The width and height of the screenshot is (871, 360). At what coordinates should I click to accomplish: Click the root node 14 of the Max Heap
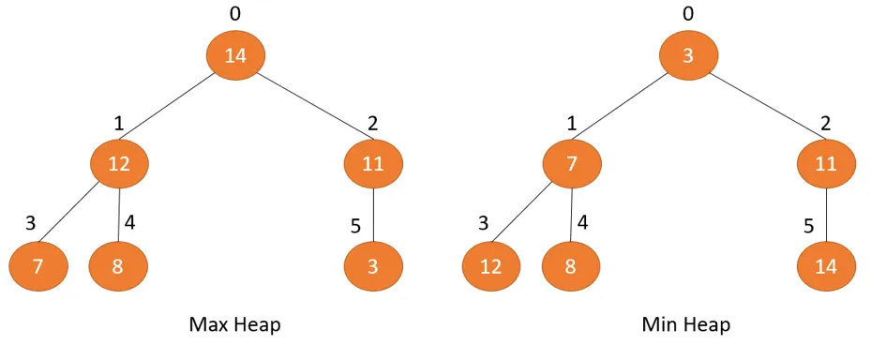235,55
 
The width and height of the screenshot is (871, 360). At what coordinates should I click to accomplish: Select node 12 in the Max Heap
119,164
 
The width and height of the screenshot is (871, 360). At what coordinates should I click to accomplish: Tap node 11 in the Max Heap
373,164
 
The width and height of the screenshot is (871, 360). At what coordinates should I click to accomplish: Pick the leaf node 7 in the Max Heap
38,266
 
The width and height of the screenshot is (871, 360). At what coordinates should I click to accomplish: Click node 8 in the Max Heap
118,266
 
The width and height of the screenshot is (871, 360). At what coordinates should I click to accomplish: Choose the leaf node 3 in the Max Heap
373,266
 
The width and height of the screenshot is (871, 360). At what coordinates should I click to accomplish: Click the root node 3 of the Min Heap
688,55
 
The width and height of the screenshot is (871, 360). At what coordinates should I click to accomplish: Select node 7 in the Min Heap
572,164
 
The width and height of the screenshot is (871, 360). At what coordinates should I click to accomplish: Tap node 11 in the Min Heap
826,164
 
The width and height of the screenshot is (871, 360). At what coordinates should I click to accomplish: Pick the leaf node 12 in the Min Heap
491,266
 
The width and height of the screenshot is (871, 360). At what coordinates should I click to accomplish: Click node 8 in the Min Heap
571,266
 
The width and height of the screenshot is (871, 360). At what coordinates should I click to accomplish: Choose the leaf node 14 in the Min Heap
826,266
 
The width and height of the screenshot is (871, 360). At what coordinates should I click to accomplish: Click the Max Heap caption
235,325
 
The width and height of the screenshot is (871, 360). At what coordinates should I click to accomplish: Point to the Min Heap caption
686,325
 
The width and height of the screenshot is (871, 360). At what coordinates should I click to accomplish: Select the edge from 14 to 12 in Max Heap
176,110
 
